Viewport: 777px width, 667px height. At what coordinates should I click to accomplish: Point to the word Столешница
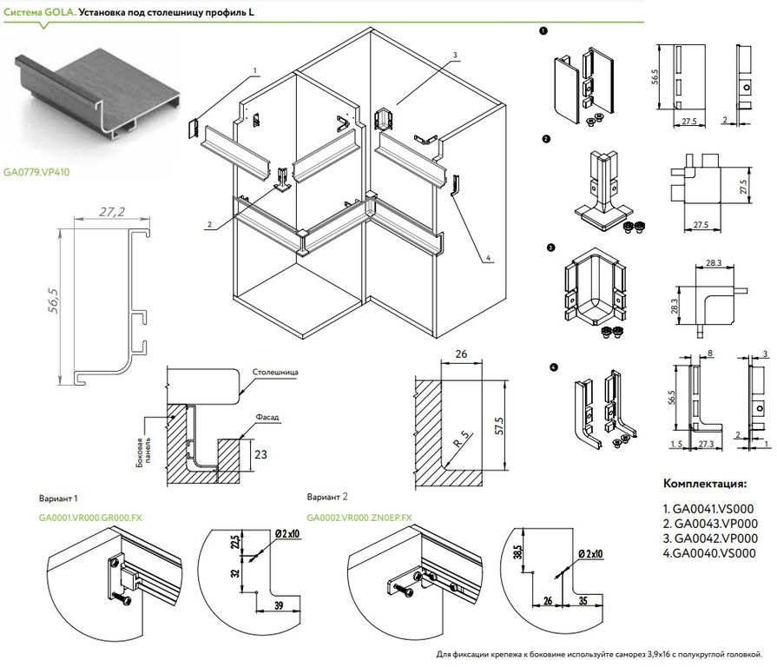click(275, 373)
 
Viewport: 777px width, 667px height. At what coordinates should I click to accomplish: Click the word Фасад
click(267, 417)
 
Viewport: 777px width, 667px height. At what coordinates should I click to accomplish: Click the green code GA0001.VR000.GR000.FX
click(89, 517)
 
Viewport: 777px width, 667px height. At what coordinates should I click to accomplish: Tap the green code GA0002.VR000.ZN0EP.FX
click(359, 517)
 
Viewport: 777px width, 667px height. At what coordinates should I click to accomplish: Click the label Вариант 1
click(58, 499)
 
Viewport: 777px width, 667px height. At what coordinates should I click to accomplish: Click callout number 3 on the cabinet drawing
click(454, 55)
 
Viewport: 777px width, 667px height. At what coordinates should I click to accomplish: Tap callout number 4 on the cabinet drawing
click(490, 257)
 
